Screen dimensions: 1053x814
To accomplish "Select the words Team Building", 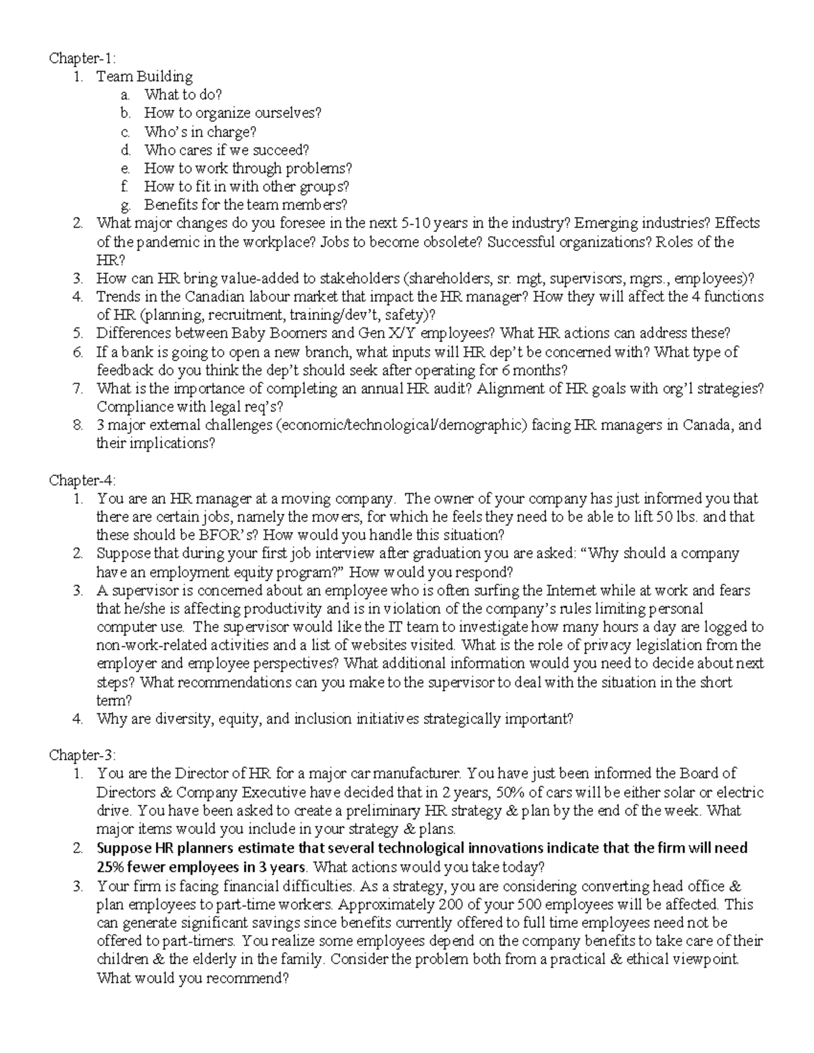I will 144,77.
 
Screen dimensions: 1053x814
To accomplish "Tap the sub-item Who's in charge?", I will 200,132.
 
